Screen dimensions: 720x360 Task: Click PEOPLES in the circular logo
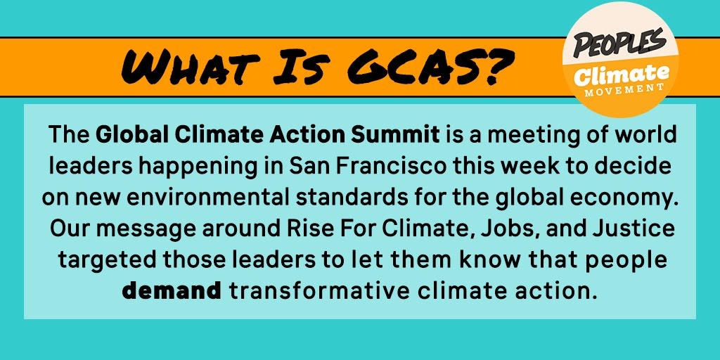[x=619, y=43]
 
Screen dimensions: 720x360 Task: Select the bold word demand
[x=172, y=290]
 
